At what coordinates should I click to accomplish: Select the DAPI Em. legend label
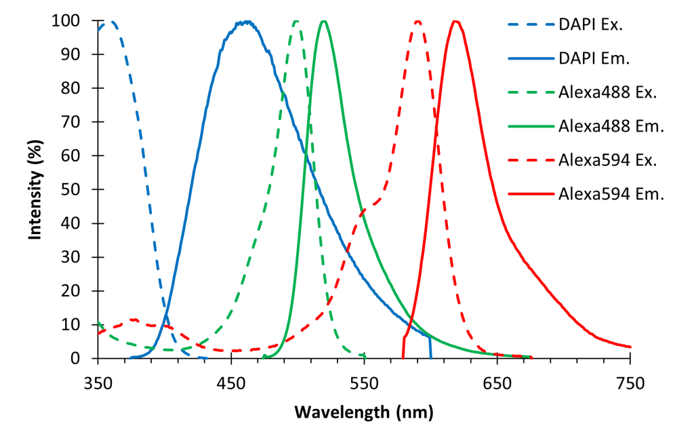pyautogui.click(x=593, y=59)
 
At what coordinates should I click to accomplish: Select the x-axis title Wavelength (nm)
pyautogui.click(x=363, y=412)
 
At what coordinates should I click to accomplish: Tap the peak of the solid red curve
pyautogui.click(x=456, y=21)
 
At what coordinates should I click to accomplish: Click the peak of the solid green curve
pyautogui.click(x=324, y=21)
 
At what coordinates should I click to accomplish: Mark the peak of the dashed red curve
pyautogui.click(x=417, y=21)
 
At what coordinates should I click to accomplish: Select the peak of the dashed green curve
pyautogui.click(x=296, y=21)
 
